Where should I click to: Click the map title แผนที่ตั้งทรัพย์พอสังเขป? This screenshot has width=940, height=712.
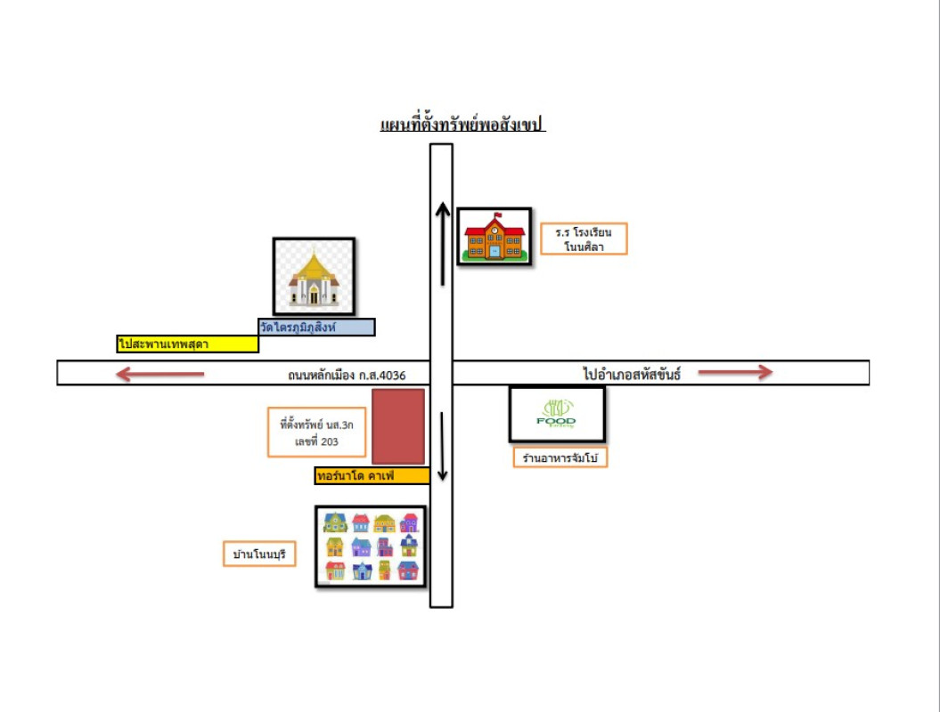[462, 125]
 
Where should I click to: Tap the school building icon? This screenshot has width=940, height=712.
[495, 236]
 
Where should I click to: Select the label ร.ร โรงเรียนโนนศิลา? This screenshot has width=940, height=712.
[584, 239]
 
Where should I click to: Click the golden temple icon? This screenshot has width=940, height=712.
[314, 277]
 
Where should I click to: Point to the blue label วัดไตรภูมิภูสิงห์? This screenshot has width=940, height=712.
[316, 328]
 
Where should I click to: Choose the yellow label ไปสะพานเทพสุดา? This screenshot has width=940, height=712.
[187, 344]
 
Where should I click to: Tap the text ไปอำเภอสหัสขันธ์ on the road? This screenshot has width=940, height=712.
[632, 374]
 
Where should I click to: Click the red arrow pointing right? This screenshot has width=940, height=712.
[735, 372]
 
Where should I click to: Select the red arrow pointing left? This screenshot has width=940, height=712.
[160, 375]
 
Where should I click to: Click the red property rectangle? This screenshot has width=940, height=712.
[397, 426]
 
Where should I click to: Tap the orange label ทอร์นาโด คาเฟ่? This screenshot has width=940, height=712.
[372, 476]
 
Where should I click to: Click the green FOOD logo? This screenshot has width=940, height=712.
[557, 414]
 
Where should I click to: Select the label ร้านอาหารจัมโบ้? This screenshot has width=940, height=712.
[560, 458]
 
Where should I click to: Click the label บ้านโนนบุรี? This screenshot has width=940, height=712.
[258, 555]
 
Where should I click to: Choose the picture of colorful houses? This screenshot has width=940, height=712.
[371, 546]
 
